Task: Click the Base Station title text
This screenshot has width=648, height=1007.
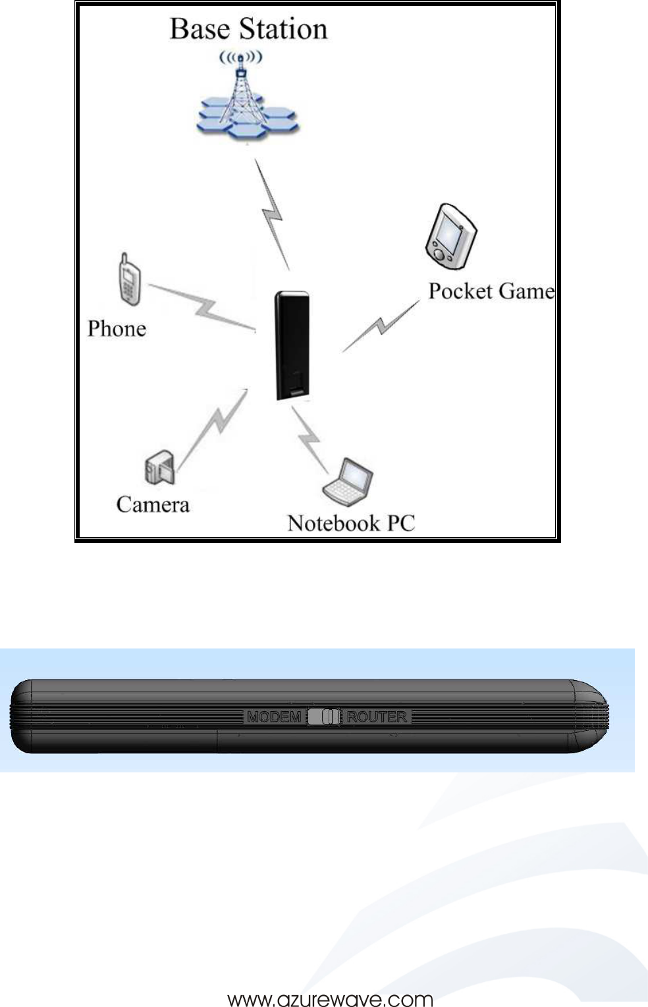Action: coord(248,30)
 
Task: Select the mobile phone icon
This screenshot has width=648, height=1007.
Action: coord(129,280)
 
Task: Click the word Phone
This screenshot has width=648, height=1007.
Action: coord(117,328)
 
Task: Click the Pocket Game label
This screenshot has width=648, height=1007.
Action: coord(491,291)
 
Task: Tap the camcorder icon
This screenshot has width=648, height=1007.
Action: coord(159,467)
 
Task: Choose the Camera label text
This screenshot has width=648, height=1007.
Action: coord(153,505)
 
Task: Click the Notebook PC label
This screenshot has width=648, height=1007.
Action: coord(351,523)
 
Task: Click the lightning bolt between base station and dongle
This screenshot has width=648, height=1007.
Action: coord(272,214)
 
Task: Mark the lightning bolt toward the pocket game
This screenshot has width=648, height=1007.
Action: coord(381,326)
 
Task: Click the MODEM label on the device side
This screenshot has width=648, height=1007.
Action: coord(274,717)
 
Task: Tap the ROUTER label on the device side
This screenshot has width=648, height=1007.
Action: coord(377,717)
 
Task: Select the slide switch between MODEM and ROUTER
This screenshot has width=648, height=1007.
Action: coord(324,717)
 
